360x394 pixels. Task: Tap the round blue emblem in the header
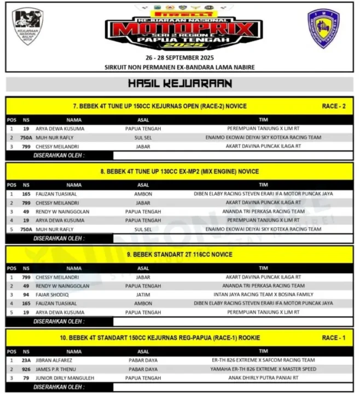tap(323, 28)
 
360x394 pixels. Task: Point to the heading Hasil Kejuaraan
tap(179, 84)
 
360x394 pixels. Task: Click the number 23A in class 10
tap(26, 360)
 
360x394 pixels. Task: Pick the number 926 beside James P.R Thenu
tap(26, 369)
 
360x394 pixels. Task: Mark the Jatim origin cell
tap(143, 294)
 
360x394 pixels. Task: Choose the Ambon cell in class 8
tap(143, 194)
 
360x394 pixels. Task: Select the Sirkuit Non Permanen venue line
tap(179, 67)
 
